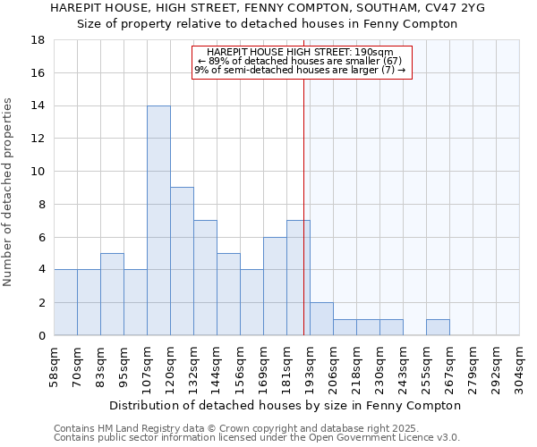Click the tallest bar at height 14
click(x=158, y=221)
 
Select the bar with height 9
click(x=182, y=261)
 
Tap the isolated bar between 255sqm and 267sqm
click(x=438, y=327)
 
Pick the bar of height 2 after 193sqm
click(x=321, y=319)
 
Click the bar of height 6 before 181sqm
click(x=275, y=286)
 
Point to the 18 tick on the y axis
click(x=38, y=40)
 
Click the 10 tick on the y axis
click(x=38, y=172)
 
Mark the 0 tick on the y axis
click(x=42, y=335)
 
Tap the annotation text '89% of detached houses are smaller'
click(x=299, y=61)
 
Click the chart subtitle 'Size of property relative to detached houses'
click(x=267, y=24)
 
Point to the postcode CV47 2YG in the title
click(x=451, y=8)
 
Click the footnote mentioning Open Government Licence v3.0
click(x=257, y=437)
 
